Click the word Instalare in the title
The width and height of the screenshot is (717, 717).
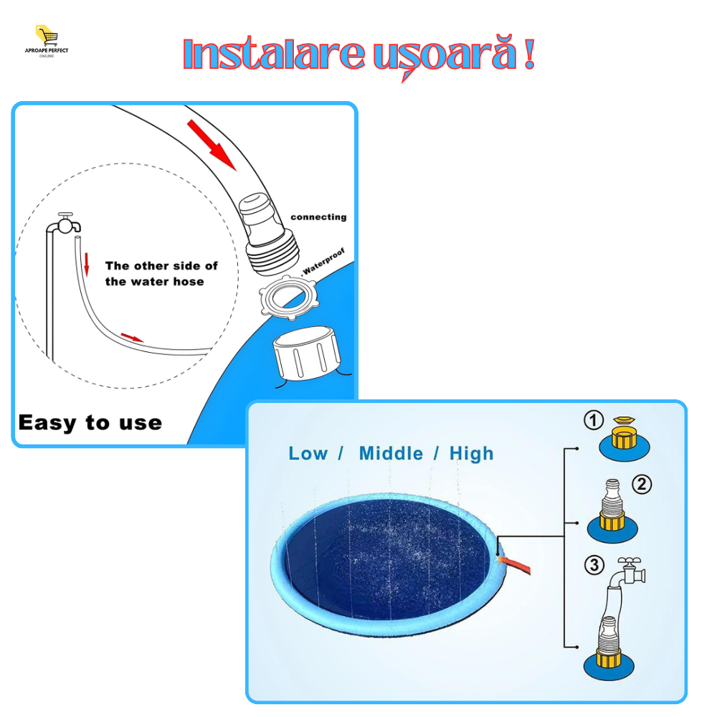[274, 54]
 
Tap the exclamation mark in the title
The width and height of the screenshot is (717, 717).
[529, 53]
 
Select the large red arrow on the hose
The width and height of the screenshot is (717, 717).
[212, 146]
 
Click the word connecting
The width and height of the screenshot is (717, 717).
[319, 217]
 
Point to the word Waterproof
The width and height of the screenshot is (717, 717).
[323, 262]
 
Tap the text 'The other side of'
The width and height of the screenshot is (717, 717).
[161, 266]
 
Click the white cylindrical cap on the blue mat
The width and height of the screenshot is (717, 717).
[306, 353]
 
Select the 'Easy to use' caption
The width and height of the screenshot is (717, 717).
[90, 422]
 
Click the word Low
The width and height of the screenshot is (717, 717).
[308, 454]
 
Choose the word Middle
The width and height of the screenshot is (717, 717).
[391, 454]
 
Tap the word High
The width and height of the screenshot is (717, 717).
[472, 454]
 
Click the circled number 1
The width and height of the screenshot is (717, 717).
[594, 419]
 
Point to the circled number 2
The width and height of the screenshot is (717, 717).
[642, 484]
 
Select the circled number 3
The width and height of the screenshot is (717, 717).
[594, 565]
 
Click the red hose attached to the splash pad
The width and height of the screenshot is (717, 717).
[516, 564]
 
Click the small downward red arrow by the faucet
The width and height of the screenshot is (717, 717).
[87, 265]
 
